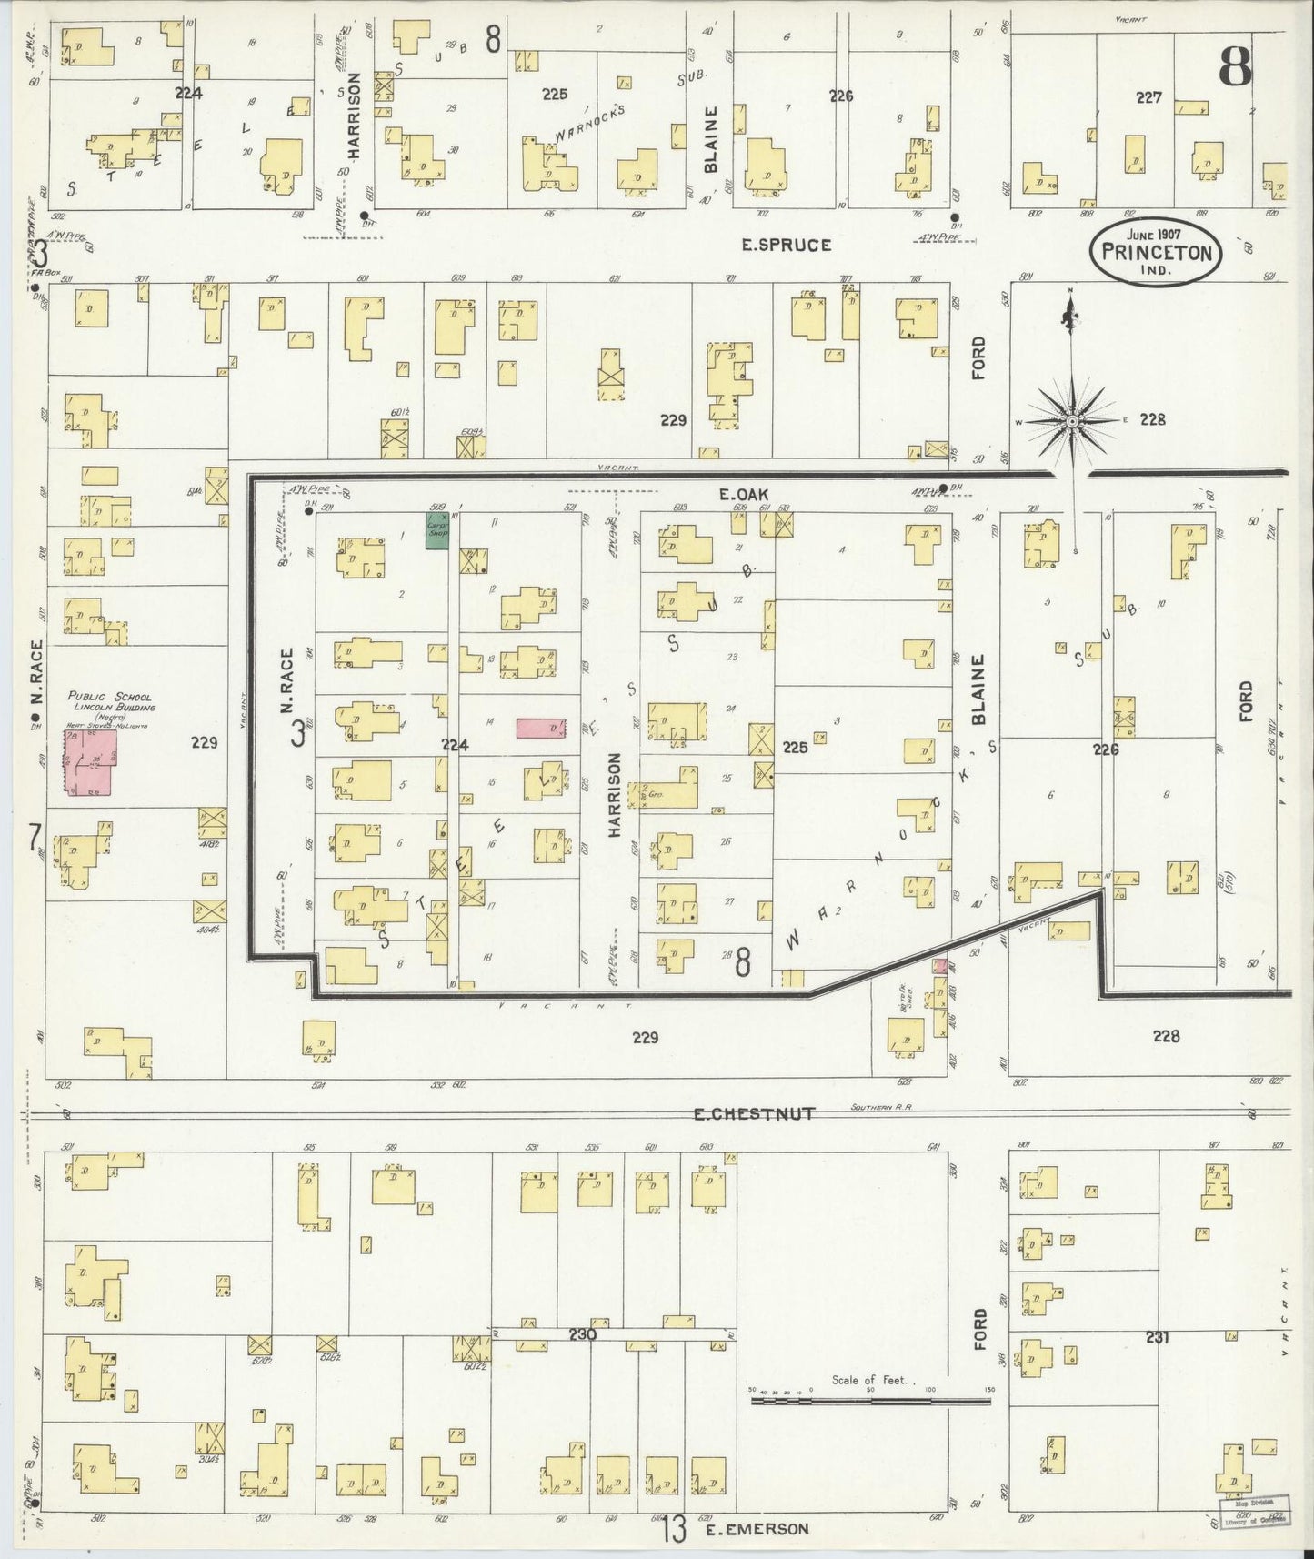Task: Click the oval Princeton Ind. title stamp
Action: tap(1156, 247)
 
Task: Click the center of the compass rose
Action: tap(1073, 421)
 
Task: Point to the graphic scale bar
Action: tap(872, 1402)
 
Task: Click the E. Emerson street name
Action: tap(757, 1529)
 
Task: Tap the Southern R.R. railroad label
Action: tap(881, 1107)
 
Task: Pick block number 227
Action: tap(1148, 97)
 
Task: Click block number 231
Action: tap(1158, 1337)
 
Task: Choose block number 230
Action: tap(582, 1334)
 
